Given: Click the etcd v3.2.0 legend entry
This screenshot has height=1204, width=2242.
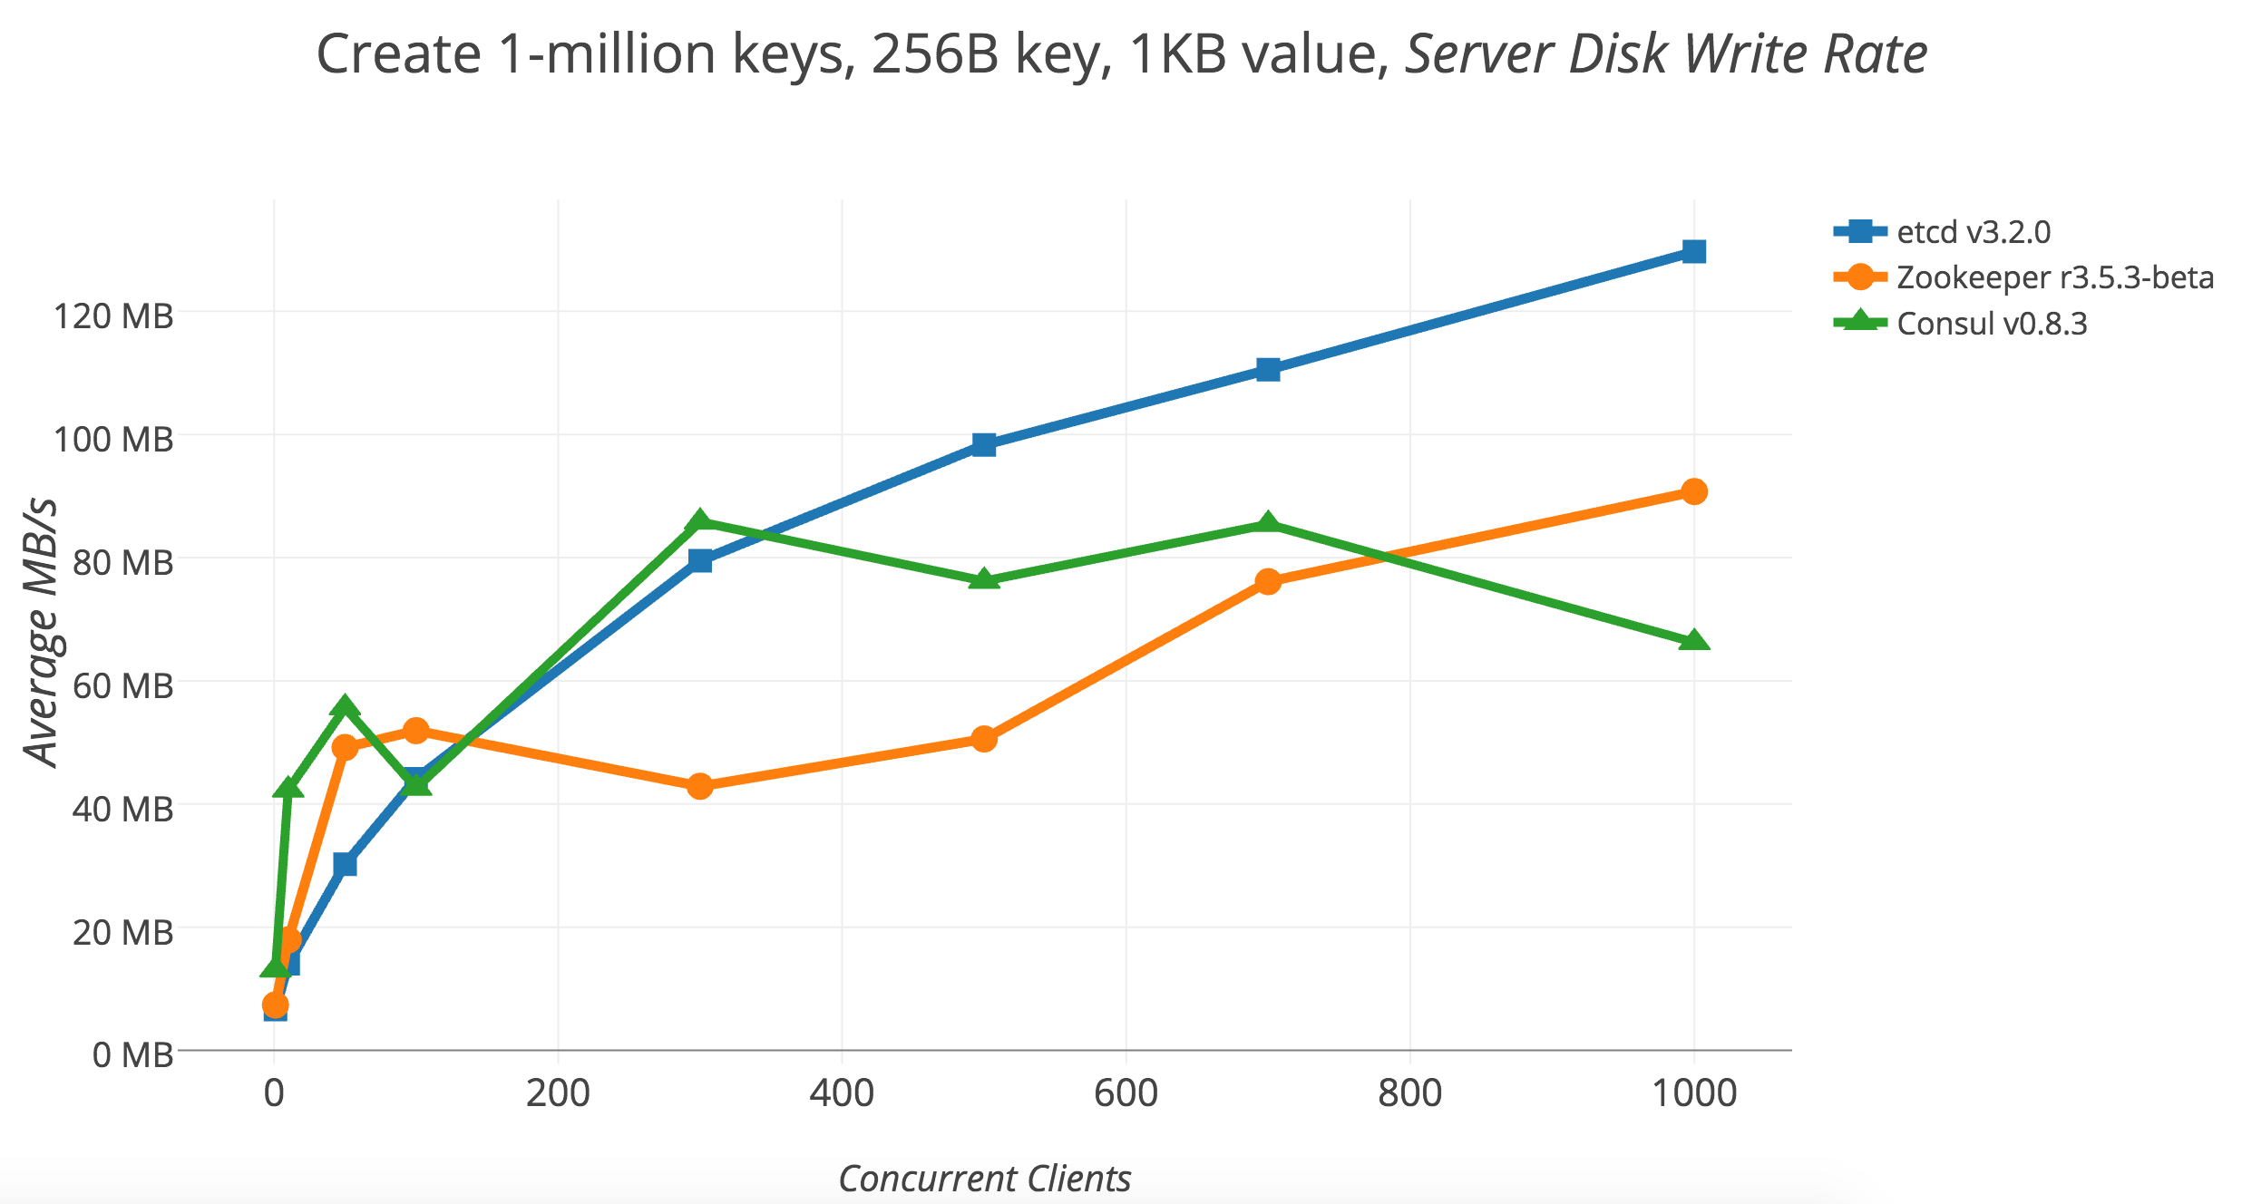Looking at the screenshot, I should tap(1972, 232).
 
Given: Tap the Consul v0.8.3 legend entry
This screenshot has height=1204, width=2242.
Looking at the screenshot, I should tap(1992, 324).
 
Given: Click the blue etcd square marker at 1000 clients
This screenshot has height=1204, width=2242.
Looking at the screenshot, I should tap(1693, 251).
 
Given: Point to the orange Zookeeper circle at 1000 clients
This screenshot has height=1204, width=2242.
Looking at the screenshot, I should tap(1693, 491).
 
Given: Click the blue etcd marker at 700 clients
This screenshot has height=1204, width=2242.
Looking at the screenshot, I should tap(1268, 369).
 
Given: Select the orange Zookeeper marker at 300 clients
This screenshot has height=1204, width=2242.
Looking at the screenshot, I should tap(699, 785).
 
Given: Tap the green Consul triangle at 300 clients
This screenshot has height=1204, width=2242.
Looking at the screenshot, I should tap(699, 521).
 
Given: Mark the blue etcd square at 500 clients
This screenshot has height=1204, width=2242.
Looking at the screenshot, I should tap(984, 444).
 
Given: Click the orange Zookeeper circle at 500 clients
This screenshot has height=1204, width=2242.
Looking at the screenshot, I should tap(984, 739).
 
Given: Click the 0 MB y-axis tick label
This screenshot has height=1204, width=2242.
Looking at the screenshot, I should tap(132, 1055).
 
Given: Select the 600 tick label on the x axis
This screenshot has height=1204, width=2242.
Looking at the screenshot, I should tap(1126, 1093).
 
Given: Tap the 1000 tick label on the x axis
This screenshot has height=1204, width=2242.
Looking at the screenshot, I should tap(1693, 1093).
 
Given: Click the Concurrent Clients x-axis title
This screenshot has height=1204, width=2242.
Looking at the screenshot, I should tap(984, 1179).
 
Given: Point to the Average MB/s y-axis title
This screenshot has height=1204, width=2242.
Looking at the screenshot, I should tap(41, 632).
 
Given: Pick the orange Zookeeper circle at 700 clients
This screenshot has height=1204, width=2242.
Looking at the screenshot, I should tap(1268, 581).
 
